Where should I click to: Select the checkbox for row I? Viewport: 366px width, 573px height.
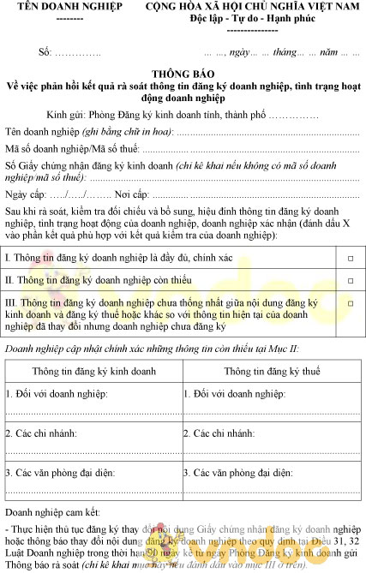pos(350,258)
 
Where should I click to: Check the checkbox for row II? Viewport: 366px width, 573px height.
pos(350,280)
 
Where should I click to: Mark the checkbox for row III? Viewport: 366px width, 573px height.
pos(350,303)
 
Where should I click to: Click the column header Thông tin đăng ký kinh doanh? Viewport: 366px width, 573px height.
pos(93,371)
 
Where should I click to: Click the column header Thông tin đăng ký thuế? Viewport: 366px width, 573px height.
pos(272,371)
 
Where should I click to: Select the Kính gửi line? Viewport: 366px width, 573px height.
pos(183,116)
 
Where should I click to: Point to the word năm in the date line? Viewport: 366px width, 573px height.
pos(327,53)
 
